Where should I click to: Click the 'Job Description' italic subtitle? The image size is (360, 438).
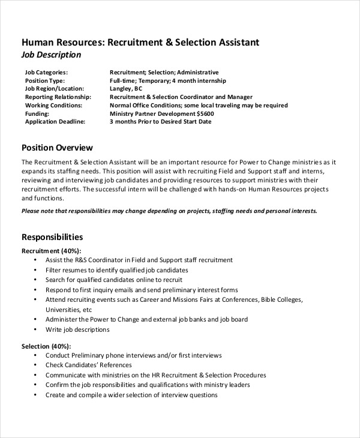tap(51, 55)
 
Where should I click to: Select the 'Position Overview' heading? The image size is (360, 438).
tap(57, 148)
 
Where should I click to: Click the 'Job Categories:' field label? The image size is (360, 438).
tap(46, 72)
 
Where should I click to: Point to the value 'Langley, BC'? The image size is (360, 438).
tap(130, 88)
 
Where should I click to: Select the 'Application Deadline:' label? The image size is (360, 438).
tap(55, 121)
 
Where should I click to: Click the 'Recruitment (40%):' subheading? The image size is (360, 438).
tap(52, 250)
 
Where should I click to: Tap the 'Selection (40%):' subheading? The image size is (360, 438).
tap(46, 346)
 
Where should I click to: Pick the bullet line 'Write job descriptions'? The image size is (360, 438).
tap(77, 329)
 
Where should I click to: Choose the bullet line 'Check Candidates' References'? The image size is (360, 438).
tap(88, 365)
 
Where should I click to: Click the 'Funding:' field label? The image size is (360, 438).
tap(37, 113)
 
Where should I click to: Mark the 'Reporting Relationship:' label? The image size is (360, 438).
tap(58, 97)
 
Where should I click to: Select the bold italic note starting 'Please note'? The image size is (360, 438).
tap(169, 211)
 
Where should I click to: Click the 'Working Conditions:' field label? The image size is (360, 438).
tap(54, 105)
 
